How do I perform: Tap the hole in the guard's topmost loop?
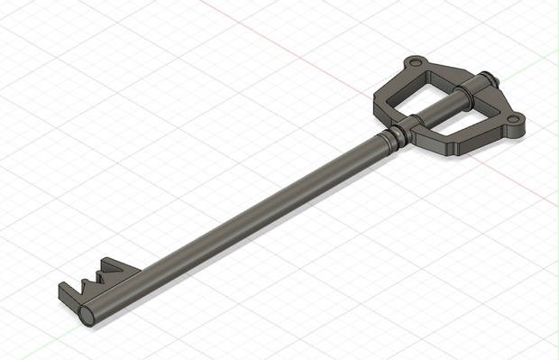pyautogui.click(x=414, y=64)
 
